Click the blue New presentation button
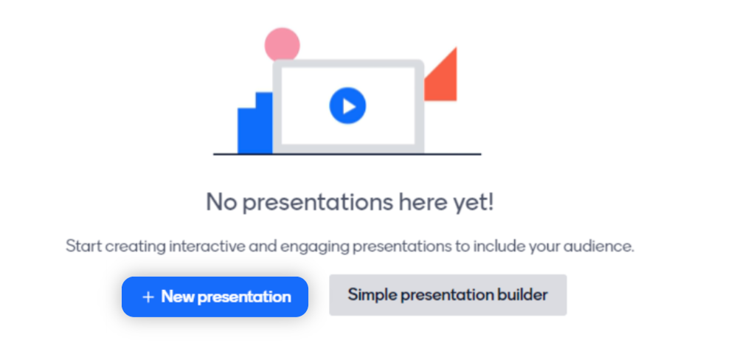pos(215,297)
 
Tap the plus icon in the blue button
pos(148,297)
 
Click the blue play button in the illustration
pos(348,105)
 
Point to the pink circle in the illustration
pos(282,44)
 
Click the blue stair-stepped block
pos(255,125)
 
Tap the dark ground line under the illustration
pos(347,154)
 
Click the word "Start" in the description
pos(83,246)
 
